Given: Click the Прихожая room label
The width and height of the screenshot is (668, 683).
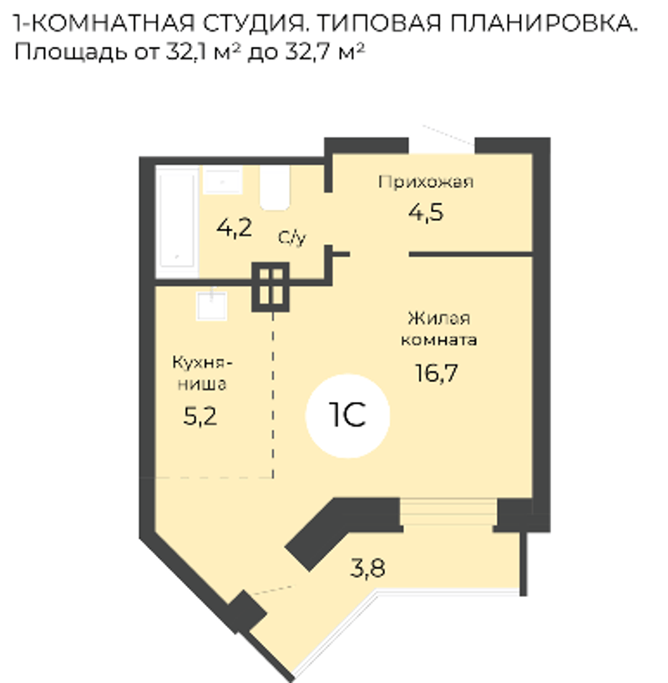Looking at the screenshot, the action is [426, 181].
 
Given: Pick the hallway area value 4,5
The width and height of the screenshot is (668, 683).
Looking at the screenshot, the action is [426, 212].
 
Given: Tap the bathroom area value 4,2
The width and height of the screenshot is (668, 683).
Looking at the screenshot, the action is [234, 227].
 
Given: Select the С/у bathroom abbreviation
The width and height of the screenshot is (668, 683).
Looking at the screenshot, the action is [292, 237].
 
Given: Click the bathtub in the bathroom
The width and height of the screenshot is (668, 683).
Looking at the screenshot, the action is [177, 221].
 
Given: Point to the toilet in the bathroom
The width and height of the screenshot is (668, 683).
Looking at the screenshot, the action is [275, 187].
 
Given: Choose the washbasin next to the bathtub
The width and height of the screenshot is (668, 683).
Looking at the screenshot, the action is [222, 180].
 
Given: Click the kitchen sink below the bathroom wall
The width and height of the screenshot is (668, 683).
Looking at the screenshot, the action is [212, 305].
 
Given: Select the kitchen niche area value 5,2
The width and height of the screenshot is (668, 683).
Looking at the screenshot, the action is [200, 416].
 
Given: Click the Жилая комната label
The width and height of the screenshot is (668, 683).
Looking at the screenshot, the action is [438, 329].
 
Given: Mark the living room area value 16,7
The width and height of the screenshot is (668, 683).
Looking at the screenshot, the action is [437, 373].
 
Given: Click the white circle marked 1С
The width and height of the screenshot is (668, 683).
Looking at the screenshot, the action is [347, 416].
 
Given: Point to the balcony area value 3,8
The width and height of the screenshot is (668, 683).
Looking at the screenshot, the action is [367, 568].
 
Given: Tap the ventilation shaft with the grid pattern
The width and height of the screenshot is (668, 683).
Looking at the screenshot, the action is [271, 287].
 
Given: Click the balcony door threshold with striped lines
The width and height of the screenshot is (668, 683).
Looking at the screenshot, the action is [448, 512].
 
